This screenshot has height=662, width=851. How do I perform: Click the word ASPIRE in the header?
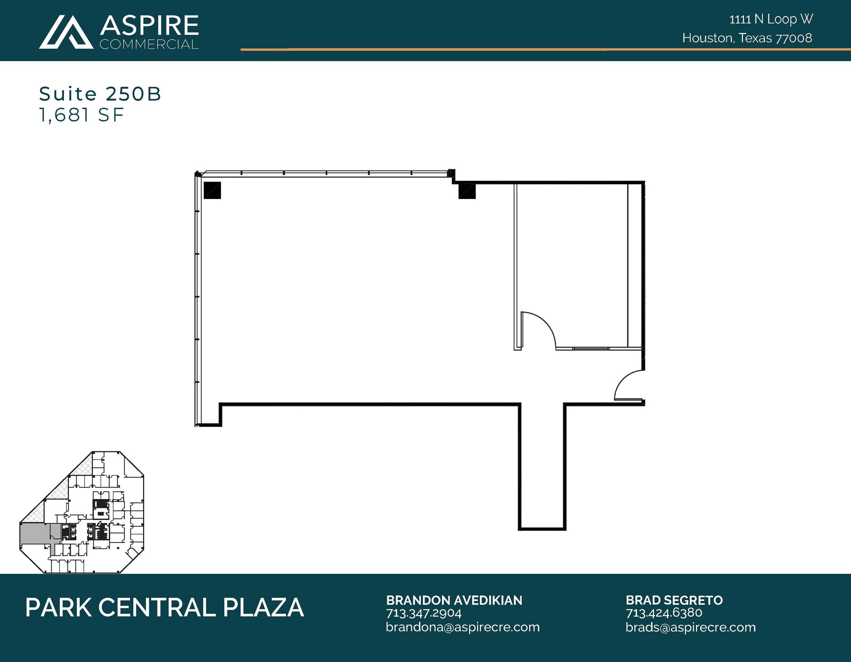click(149, 26)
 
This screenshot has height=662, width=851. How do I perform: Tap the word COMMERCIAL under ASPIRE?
click(149, 44)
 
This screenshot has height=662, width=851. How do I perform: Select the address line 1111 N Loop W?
click(771, 19)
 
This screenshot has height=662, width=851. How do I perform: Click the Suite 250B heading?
click(100, 94)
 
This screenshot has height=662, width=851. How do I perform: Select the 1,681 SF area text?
click(81, 115)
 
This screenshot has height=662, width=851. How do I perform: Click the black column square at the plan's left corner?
click(212, 190)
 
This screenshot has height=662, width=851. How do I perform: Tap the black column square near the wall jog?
click(467, 191)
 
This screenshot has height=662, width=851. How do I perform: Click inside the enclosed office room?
click(571, 257)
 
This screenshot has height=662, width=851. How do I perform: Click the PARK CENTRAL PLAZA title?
click(165, 608)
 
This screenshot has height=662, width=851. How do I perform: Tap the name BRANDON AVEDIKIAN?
click(454, 600)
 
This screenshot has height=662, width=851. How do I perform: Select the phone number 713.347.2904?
click(423, 613)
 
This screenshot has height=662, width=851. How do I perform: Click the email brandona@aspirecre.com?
click(462, 627)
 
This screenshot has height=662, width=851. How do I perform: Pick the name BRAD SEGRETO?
click(674, 600)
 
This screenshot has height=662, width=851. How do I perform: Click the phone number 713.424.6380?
click(664, 613)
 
